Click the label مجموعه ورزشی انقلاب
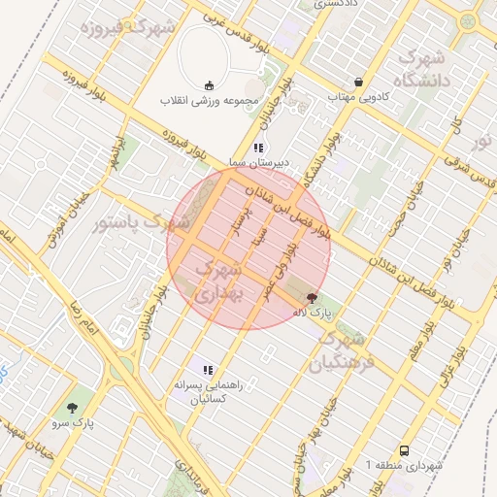[209, 101]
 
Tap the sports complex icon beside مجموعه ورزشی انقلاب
[209, 85]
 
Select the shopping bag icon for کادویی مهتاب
[360, 83]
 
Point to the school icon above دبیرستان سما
[258, 148]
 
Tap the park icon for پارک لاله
[312, 298]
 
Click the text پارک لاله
[315, 313]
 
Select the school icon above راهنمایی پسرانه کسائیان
[207, 369]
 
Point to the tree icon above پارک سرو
[74, 408]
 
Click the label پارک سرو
[74, 423]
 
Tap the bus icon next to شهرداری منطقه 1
[404, 450]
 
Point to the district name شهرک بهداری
[222, 280]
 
